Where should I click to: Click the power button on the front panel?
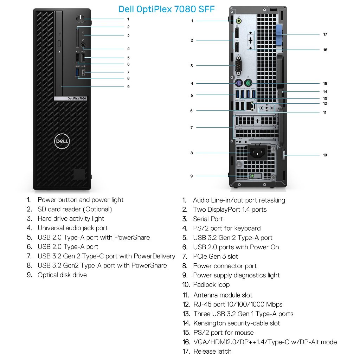pos(81,19)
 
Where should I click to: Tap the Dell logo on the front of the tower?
pos(62,141)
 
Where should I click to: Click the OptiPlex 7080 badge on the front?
pos(70,98)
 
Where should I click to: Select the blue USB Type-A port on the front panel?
pos(78,72)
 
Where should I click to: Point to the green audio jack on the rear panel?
pos(239,21)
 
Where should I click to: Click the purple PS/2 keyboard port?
pos(239,83)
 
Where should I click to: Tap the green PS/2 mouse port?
pos(248,83)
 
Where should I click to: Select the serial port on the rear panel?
pos(239,66)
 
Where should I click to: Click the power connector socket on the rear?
pos(257,152)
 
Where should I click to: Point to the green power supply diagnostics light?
pos(252,176)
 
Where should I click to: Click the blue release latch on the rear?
pos(279,35)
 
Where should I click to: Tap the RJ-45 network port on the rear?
pos(250,106)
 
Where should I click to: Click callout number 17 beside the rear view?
pos(325,34)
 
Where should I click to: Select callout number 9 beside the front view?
pos(128,87)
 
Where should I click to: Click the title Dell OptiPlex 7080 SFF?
pos(166,9)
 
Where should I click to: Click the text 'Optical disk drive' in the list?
pos(62,275)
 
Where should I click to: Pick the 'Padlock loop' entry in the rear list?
pos(211,285)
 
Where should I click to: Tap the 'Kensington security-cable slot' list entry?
pos(237,323)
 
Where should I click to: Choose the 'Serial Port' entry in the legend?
pos(208,219)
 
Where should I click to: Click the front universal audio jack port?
pos(83,45)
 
